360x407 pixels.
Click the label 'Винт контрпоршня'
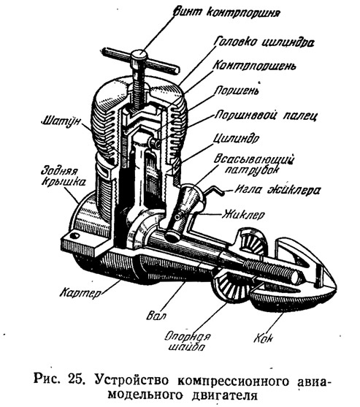pyautogui.click(x=226, y=12)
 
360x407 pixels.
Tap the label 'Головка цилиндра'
pyautogui.click(x=264, y=42)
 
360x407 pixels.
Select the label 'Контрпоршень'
pyautogui.click(x=254, y=66)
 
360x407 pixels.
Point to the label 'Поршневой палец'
pyautogui.click(x=266, y=115)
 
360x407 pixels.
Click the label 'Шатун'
pyautogui.click(x=61, y=121)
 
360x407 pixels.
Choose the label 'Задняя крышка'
pyautogui.click(x=63, y=177)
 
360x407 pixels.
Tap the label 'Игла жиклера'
pyautogui.click(x=277, y=190)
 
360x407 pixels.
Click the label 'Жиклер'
pyautogui.click(x=243, y=214)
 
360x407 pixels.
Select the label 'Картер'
pyautogui.click(x=81, y=292)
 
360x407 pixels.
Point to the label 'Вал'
pyautogui.click(x=156, y=315)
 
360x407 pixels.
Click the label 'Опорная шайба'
pyautogui.click(x=188, y=341)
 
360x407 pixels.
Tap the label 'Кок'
pyautogui.click(x=263, y=338)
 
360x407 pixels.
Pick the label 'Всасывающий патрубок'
pyautogui.click(x=253, y=164)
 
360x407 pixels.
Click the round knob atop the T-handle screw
pyautogui.click(x=139, y=56)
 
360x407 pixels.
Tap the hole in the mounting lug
pyautogui.click(x=75, y=235)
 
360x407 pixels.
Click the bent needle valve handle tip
pyautogui.click(x=222, y=193)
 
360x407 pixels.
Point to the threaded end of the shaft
pyautogui.click(x=272, y=270)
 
